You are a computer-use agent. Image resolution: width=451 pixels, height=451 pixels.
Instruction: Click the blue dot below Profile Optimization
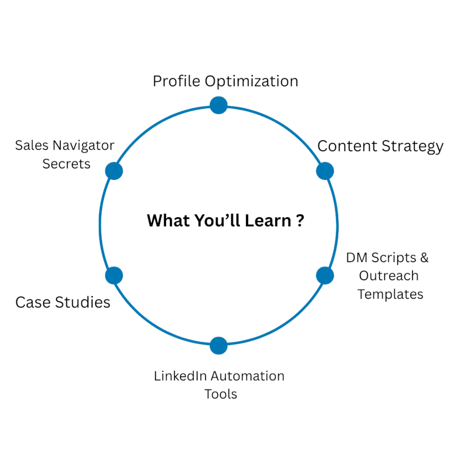pos(218,105)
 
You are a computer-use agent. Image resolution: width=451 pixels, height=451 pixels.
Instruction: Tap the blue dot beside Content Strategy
pos(325,171)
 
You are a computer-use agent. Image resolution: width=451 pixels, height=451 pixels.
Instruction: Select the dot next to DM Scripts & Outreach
pos(325,275)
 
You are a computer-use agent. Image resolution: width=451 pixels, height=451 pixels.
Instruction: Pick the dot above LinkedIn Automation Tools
pos(218,345)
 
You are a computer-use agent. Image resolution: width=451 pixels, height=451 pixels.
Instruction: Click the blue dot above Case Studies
pos(114,275)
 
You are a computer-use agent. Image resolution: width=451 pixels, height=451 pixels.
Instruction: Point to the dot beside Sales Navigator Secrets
pos(114,171)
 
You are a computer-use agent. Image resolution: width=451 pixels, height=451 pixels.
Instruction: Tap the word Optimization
pos(251,81)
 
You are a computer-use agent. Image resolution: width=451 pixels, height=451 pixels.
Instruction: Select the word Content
pos(347,146)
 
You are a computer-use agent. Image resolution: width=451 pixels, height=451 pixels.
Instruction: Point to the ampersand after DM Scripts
pos(424,258)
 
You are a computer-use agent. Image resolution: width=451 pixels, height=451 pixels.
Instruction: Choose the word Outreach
pos(389,276)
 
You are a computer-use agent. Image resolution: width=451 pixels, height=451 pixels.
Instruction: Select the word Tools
pos(221,394)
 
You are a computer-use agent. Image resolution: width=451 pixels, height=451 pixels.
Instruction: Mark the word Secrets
pos(67,164)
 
